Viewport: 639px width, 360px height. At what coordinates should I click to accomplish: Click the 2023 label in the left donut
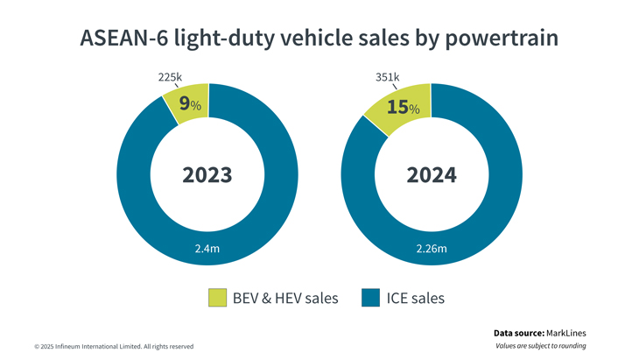coord(207,174)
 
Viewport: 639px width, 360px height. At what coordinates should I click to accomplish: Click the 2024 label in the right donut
coord(431,174)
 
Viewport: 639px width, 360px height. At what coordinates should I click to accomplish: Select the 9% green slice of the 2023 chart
coord(187,103)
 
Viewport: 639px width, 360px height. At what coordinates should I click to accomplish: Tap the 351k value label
coord(386,77)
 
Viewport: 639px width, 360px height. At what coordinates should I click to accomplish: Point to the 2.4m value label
coord(207,249)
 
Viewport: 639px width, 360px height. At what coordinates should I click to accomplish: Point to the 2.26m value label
coord(431,249)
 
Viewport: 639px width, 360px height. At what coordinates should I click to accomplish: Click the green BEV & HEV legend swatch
coord(217,298)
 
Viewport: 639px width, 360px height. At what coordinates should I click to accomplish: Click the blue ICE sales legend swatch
coord(370,298)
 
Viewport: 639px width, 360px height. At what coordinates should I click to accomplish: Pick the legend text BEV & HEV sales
coord(285,299)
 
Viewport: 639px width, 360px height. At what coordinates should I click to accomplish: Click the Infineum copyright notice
coord(114,346)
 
